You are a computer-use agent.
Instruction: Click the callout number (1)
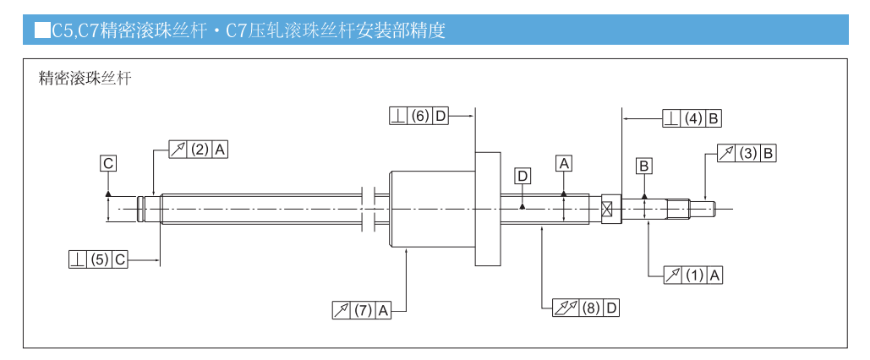[x=694, y=275]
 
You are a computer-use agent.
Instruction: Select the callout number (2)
[x=200, y=150]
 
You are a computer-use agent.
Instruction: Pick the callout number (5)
[x=100, y=259]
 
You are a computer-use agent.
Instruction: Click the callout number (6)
[x=420, y=117]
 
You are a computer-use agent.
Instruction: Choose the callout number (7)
[x=364, y=310]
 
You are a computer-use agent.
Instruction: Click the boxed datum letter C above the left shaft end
[x=108, y=163]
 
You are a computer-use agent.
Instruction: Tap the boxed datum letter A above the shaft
[x=564, y=163]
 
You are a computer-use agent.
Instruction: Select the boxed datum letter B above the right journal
[x=644, y=166]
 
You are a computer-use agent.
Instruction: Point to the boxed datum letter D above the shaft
[x=523, y=176]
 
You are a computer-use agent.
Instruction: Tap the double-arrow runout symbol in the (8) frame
[x=563, y=308]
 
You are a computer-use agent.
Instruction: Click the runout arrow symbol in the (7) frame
[x=342, y=310]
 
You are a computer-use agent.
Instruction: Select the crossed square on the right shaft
[x=606, y=209]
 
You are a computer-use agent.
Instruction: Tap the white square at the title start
[x=41, y=31]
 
